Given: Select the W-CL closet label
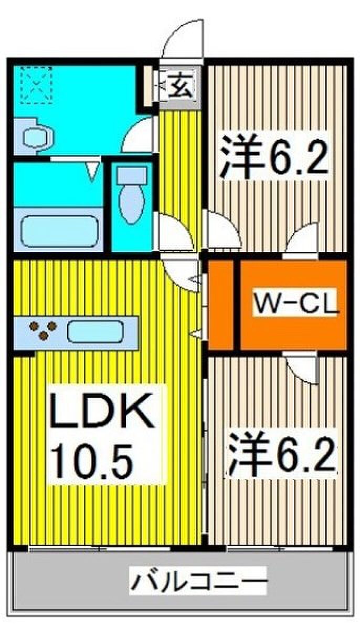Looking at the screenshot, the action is [x=295, y=302].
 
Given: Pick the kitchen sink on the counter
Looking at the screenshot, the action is [x=96, y=333].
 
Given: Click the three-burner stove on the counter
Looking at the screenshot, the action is [x=43, y=330].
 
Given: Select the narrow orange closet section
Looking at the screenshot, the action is [x=221, y=304].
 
